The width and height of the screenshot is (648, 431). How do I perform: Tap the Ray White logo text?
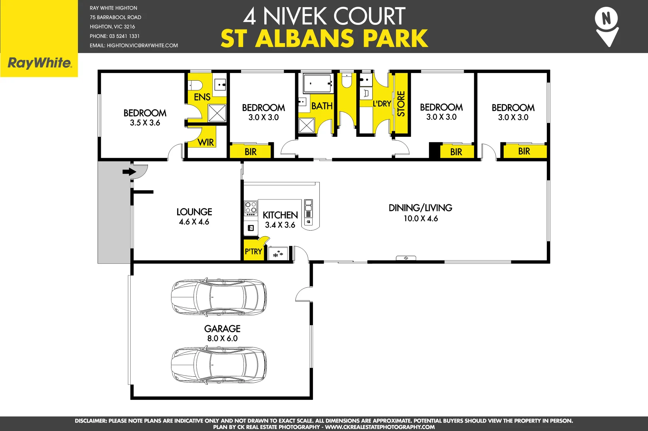tap(40, 63)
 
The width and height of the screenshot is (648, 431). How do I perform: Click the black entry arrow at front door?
tap(129, 172)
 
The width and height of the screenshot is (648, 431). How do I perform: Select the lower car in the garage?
tap(219, 366)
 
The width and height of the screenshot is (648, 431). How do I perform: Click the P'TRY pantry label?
tap(253, 251)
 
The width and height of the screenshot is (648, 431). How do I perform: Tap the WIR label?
tap(206, 142)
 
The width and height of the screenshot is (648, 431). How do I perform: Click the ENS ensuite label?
tap(202, 97)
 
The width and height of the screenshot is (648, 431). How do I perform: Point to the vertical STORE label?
tap(401, 104)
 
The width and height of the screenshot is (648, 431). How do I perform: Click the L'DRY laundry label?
tap(382, 104)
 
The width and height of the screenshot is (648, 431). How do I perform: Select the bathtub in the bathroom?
tap(317, 83)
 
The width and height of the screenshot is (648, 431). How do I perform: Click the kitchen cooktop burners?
tap(251, 208)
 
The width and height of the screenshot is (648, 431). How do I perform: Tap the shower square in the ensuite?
tap(217, 113)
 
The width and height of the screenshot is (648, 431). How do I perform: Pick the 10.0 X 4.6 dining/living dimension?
tap(421, 219)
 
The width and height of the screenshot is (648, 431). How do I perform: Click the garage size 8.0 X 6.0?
tap(222, 338)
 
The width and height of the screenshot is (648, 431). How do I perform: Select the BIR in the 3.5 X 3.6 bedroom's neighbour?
tap(251, 152)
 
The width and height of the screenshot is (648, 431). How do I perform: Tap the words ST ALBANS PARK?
tap(324, 39)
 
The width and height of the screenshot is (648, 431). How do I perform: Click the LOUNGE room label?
tap(194, 212)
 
